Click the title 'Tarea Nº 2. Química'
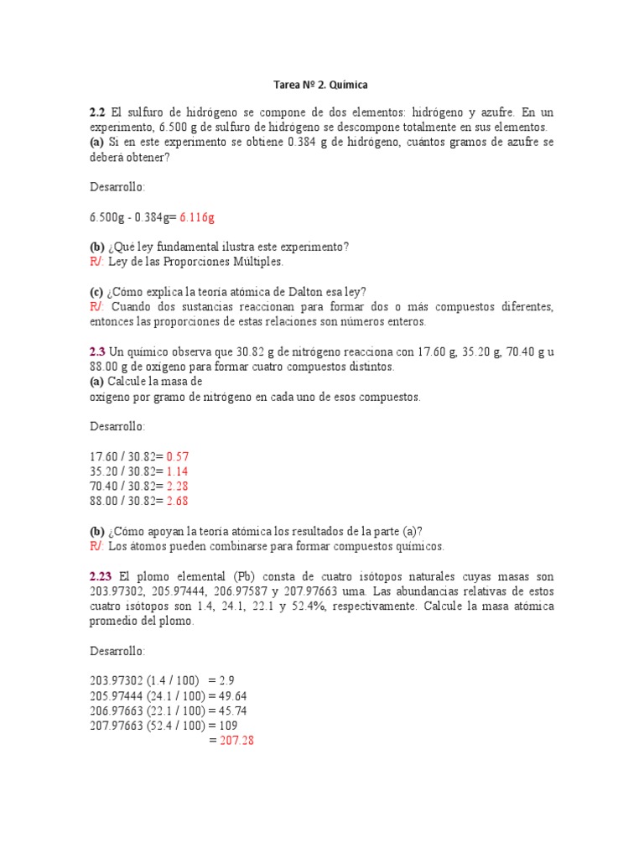pyautogui.click(x=321, y=85)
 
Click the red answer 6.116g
pyautogui.click(x=197, y=217)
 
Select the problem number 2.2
pyautogui.click(x=97, y=112)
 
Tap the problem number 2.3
pyautogui.click(x=97, y=352)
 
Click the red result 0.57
pyautogui.click(x=178, y=456)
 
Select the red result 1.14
pyautogui.click(x=178, y=471)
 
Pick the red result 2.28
pyautogui.click(x=178, y=486)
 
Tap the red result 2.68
pyautogui.click(x=178, y=501)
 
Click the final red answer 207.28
pyautogui.click(x=236, y=741)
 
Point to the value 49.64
pyautogui.click(x=231, y=696)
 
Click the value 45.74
pyautogui.click(x=231, y=711)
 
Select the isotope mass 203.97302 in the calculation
pyautogui.click(x=118, y=681)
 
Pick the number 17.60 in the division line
pyautogui.click(x=104, y=456)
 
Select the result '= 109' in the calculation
pyautogui.click(x=222, y=726)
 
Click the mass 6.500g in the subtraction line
pyautogui.click(x=107, y=217)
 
